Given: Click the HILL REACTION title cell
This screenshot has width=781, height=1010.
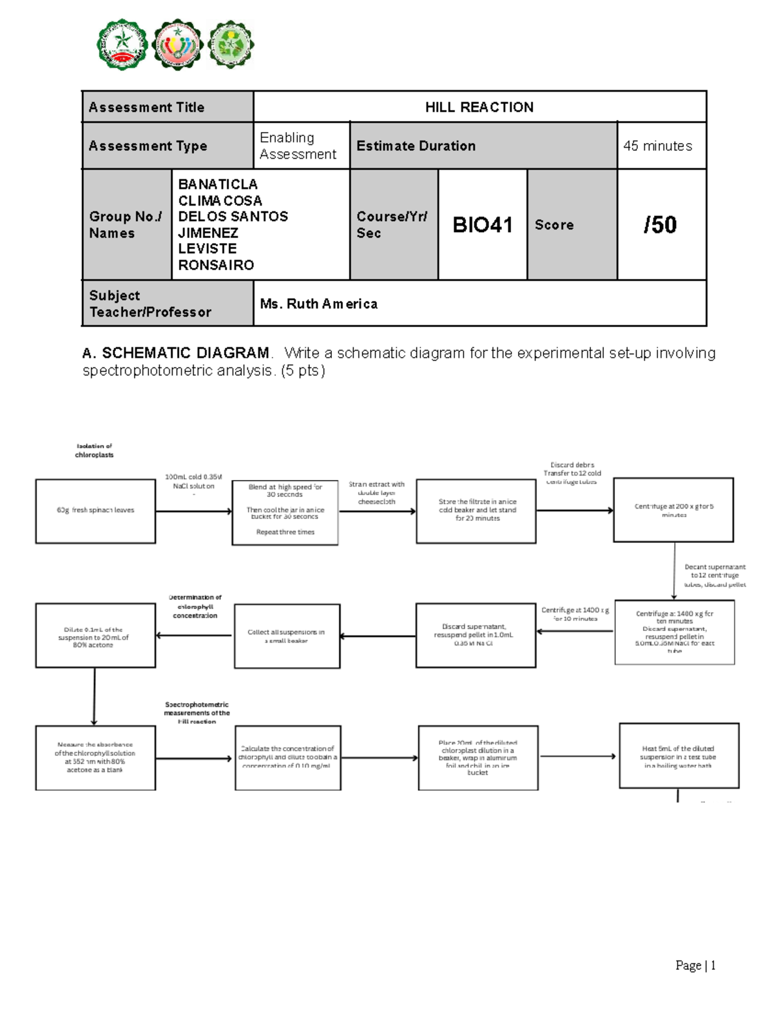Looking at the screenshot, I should tap(479, 107).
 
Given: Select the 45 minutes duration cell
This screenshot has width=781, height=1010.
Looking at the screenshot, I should tap(657, 146).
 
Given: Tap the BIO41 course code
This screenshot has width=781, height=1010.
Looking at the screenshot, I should tap(482, 225).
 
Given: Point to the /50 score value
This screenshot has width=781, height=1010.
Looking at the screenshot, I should tap(660, 225).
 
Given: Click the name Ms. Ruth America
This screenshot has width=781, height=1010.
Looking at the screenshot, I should tap(318, 304).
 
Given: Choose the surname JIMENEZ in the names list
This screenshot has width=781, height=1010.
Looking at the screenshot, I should tap(208, 233).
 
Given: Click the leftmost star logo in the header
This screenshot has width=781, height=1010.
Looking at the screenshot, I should tap(122, 44).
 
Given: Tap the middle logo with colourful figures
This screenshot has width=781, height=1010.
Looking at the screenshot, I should tap(176, 44).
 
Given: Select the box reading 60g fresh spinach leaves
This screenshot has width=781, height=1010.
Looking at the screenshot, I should tap(96, 511).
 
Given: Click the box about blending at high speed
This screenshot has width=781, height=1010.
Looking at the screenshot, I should tap(285, 512).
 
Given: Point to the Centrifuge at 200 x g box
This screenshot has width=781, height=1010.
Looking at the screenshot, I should tap(674, 510).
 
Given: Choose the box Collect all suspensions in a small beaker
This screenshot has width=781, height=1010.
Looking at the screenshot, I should tap(286, 636).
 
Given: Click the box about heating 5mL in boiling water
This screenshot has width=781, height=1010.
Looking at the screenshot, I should tap(678, 756).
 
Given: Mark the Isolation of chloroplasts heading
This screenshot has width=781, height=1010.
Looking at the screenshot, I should tap(94, 451).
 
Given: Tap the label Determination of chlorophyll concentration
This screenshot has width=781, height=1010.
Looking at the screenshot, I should tap(195, 606).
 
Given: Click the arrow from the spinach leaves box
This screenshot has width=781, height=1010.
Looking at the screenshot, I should tap(193, 511).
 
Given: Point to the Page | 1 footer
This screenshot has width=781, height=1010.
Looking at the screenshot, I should tap(695, 965).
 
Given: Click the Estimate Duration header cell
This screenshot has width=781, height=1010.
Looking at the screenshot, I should tap(416, 146).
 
